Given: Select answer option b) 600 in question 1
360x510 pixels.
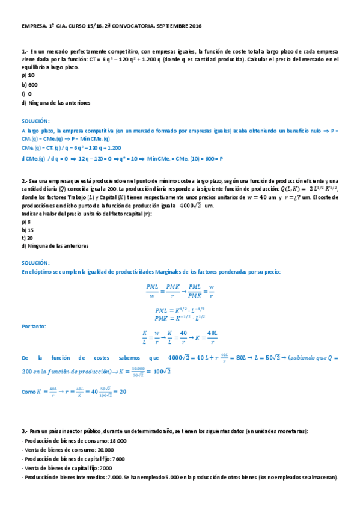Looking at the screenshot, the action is tap(29, 85).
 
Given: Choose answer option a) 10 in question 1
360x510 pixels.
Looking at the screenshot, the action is tap(28, 76).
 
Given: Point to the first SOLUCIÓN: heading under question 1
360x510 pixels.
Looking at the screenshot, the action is tap(35, 120).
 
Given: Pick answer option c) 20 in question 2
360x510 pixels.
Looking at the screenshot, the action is tap(27, 238).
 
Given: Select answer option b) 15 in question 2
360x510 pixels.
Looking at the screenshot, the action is tap(27, 230).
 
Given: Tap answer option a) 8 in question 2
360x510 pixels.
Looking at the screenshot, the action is tap(26, 222).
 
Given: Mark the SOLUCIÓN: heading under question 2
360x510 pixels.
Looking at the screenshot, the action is tap(35, 263).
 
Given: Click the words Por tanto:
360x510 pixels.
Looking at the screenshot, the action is tap(34, 327).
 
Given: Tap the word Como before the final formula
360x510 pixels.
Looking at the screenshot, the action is tap(28, 392).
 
